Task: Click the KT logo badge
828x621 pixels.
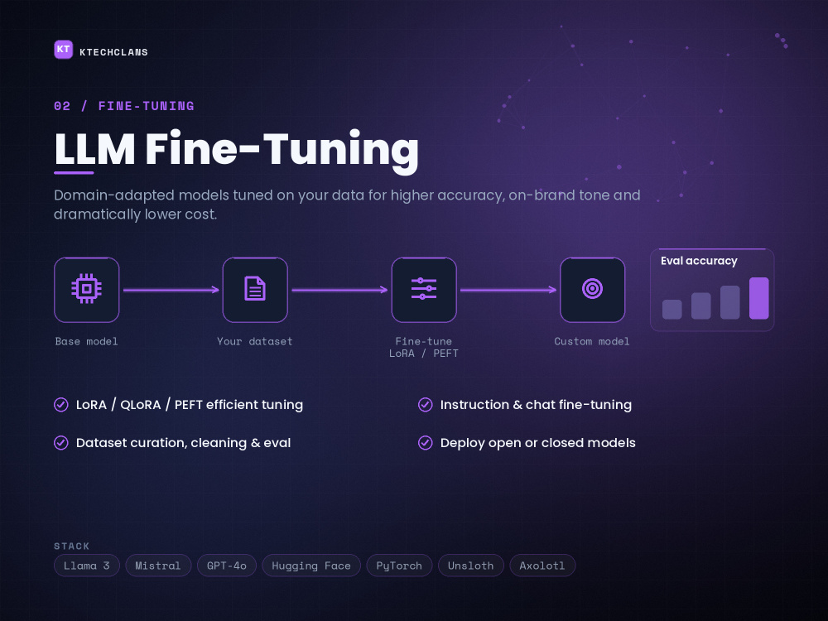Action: tap(64, 50)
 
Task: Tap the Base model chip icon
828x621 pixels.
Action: tap(87, 289)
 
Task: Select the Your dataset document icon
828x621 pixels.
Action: tap(255, 289)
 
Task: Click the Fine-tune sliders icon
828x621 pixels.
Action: tap(424, 289)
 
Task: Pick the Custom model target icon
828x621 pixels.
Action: tap(593, 289)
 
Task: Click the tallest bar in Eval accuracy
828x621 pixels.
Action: tap(758, 298)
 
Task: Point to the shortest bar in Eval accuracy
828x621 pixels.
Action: tap(672, 310)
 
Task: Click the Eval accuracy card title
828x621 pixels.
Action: tap(699, 261)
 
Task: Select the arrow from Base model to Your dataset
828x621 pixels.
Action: tap(171, 289)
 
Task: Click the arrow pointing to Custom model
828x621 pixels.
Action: tap(508, 289)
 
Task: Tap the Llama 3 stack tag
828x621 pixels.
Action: tap(87, 566)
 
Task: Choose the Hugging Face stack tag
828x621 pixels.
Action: tap(311, 566)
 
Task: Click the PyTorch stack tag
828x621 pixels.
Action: tap(399, 566)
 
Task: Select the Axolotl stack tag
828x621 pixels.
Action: tap(542, 566)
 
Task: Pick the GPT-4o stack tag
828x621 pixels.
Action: tap(227, 566)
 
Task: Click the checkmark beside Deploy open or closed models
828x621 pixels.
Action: tap(425, 442)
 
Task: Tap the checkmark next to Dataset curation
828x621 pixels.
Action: tap(60, 442)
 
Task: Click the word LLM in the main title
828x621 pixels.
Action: tap(95, 149)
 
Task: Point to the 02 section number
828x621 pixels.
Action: tap(62, 106)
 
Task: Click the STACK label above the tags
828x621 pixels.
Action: tap(72, 546)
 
